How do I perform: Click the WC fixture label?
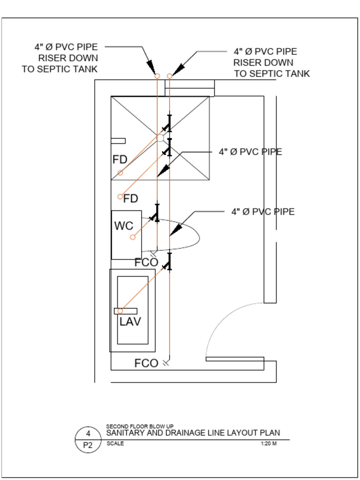[x=124, y=226]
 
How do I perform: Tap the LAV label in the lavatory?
[x=130, y=322]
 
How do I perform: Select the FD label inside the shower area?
[x=120, y=160]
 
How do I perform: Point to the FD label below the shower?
[x=131, y=199]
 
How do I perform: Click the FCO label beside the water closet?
[x=146, y=262]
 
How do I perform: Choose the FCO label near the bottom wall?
[x=146, y=363]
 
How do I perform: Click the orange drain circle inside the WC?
[x=133, y=237]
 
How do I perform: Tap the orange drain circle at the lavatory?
[x=120, y=311]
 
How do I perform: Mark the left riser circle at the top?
[x=157, y=76]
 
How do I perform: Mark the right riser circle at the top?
[x=170, y=76]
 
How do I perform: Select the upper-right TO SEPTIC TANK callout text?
[x=272, y=74]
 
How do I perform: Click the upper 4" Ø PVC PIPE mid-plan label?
[x=250, y=152]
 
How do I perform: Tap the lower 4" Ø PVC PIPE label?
[x=262, y=212]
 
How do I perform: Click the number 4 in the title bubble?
[x=88, y=434]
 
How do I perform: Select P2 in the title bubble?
[x=88, y=445]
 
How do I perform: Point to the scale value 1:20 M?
[x=268, y=444]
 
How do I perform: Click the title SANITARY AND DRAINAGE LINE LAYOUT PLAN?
[x=193, y=433]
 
